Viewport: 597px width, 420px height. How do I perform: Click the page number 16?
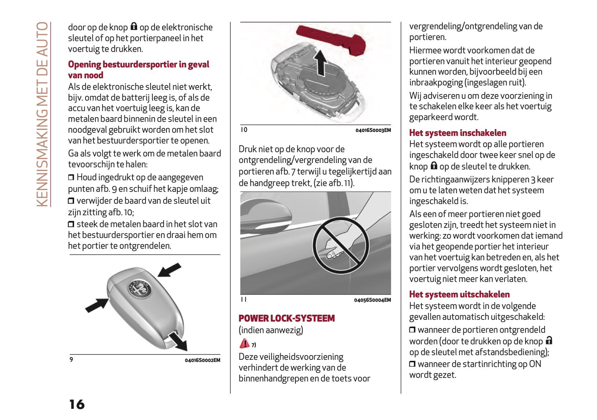coord(77,404)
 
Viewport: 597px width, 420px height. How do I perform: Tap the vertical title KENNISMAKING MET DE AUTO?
coord(42,114)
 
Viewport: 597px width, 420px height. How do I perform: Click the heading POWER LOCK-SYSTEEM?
coord(286,318)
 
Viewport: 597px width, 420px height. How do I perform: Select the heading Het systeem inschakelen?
coord(457,133)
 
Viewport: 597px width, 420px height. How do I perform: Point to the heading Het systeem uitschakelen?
coord(459,294)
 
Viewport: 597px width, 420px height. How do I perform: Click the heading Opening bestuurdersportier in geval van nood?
coord(138,70)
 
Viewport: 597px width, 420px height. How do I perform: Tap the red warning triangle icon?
coord(244,344)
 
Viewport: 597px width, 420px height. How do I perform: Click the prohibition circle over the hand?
coord(340,245)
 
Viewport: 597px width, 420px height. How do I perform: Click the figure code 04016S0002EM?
coord(202,360)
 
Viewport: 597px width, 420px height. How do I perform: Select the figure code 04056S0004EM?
coord(372,300)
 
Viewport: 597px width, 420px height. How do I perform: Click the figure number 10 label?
coord(244,130)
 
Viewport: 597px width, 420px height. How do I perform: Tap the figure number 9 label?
coord(71,360)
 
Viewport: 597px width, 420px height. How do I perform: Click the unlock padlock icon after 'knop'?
coord(549,341)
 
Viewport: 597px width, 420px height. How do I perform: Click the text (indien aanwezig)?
coord(271,330)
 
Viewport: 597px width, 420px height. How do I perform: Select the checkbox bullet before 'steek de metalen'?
coord(71,224)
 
